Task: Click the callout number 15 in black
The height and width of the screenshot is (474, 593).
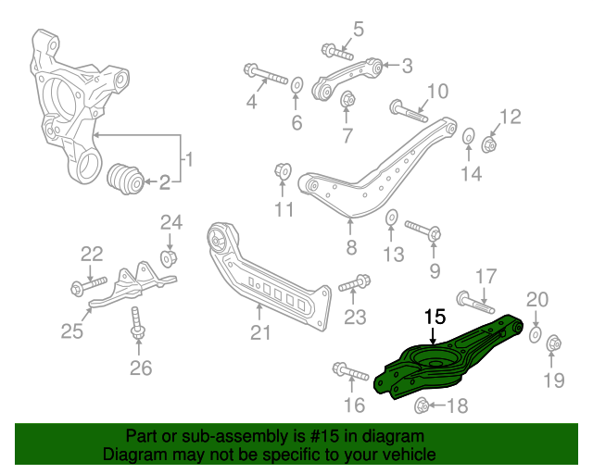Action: (x=435, y=318)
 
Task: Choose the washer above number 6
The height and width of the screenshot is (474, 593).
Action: (x=296, y=87)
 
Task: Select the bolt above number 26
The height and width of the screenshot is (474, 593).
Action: (x=135, y=320)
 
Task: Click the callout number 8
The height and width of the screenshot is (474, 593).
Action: (x=351, y=247)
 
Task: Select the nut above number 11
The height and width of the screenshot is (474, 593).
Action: (x=284, y=170)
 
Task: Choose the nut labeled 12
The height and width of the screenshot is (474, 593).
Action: (x=490, y=143)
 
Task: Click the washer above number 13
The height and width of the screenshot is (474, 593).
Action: (x=391, y=218)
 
